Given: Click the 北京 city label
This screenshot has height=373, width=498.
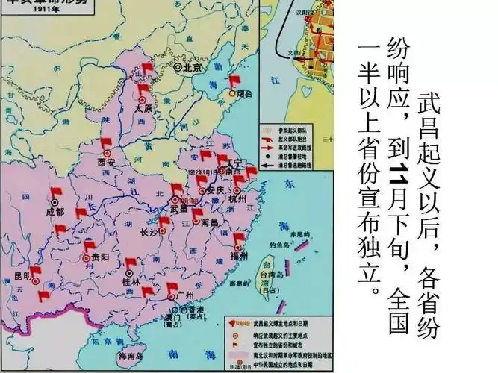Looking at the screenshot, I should pyautogui.click(x=193, y=66).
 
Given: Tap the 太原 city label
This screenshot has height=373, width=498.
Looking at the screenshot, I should pyautogui.click(x=143, y=107).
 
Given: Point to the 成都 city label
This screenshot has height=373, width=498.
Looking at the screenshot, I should pyautogui.click(x=55, y=211).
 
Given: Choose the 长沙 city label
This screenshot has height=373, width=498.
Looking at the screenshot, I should pyautogui.click(x=149, y=232).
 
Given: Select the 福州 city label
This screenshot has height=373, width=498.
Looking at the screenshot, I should pyautogui.click(x=239, y=256).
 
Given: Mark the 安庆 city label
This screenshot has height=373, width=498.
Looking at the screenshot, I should pyautogui.click(x=214, y=190).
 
